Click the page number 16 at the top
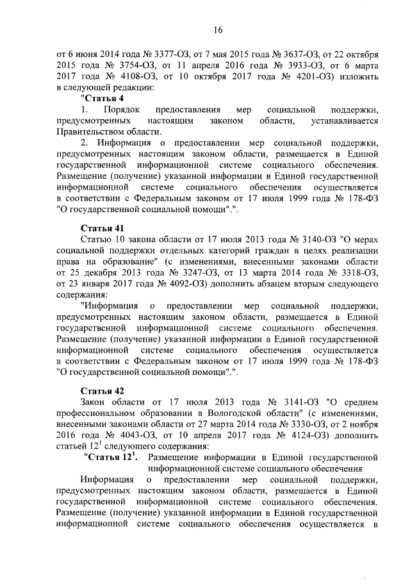(x=218, y=30)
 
